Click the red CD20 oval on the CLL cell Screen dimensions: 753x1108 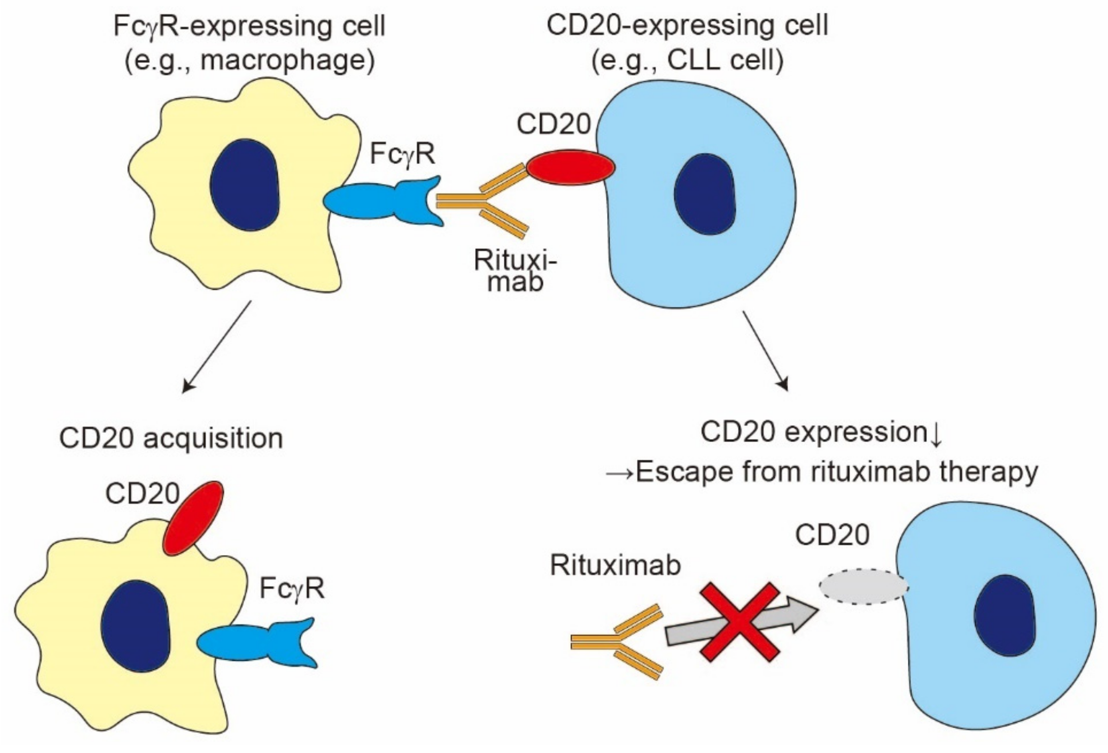(x=570, y=167)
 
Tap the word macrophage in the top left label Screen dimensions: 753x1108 (x=286, y=61)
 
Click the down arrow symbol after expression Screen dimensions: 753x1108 (x=936, y=434)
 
